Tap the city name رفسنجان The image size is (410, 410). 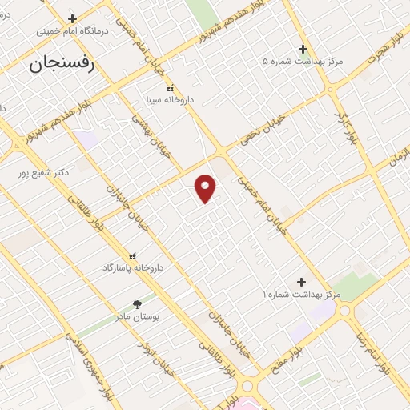click(x=62, y=66)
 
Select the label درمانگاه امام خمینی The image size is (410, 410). click(x=72, y=33)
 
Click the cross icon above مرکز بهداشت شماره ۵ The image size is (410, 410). click(x=303, y=48)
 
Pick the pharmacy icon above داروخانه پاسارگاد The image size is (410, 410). click(x=132, y=255)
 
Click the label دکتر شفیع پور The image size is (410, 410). click(x=46, y=171)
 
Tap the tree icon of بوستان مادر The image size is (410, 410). click(x=137, y=304)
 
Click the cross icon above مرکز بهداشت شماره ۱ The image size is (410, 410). click(x=301, y=282)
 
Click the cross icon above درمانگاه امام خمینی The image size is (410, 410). click(x=73, y=18)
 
